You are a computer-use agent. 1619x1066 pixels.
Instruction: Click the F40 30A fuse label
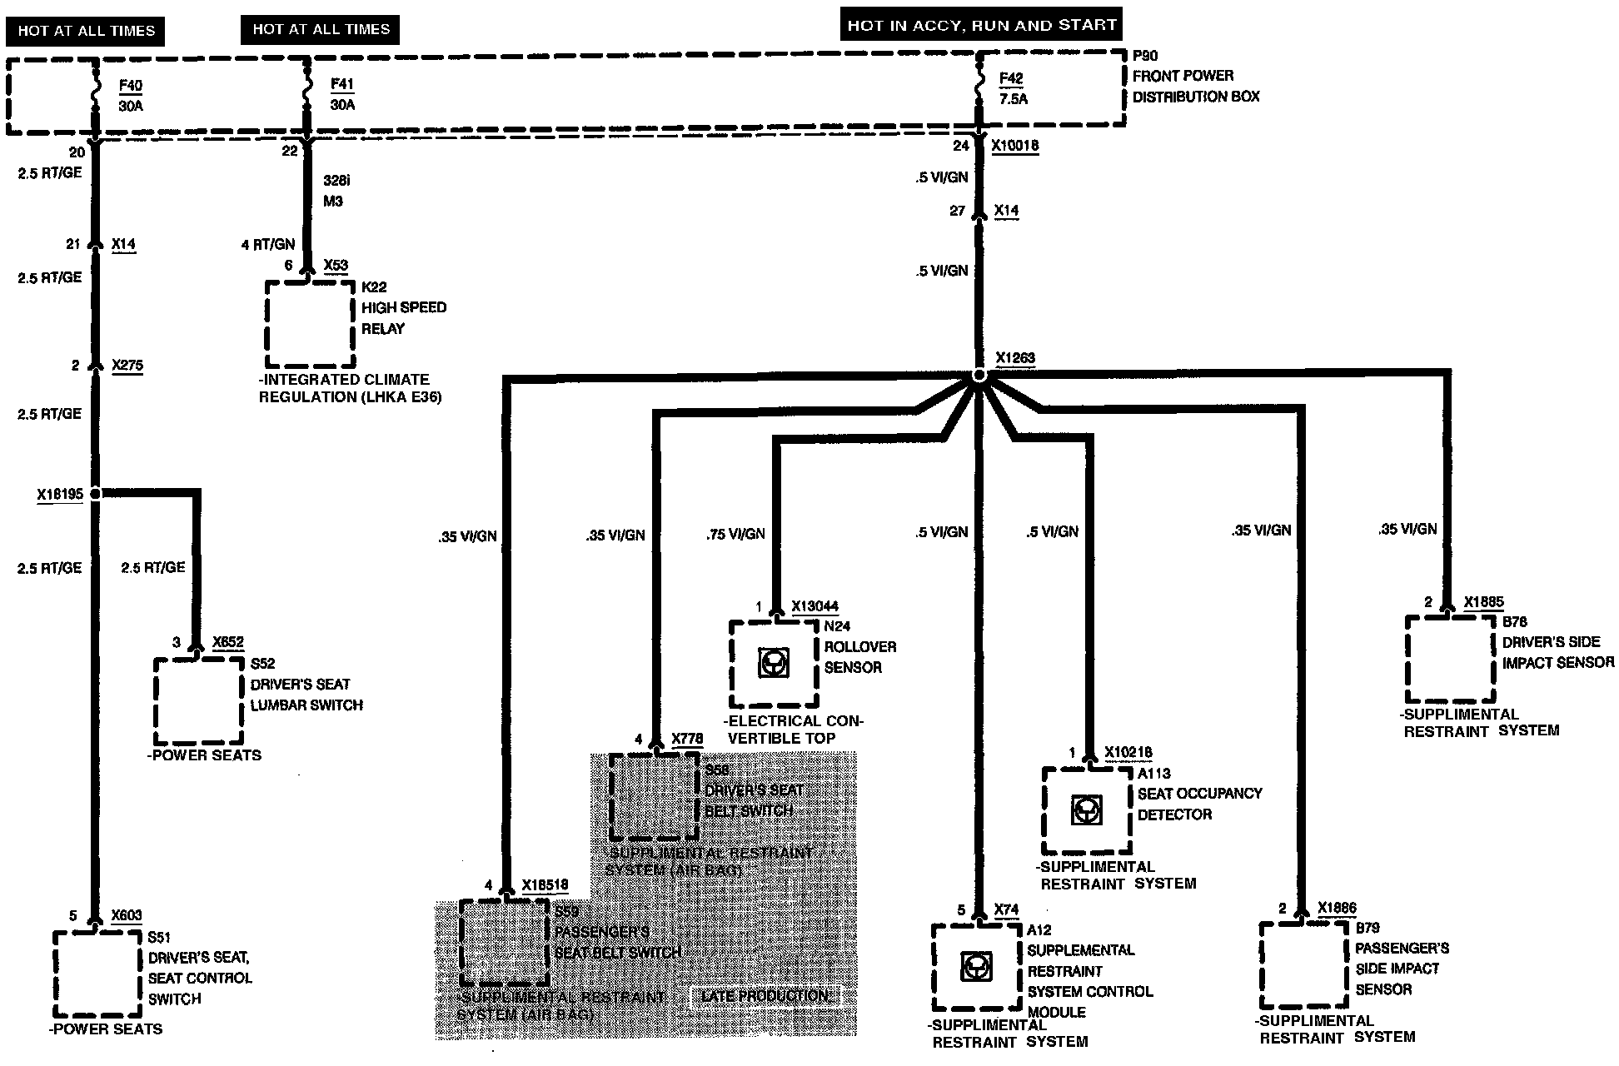pos(130,96)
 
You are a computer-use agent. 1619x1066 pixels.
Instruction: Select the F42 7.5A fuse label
pos(1013,88)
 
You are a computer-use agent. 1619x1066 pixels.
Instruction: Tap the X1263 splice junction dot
pos(979,376)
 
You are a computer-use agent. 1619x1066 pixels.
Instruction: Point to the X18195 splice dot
pos(95,494)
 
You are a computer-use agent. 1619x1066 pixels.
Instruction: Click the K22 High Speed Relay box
pos(310,324)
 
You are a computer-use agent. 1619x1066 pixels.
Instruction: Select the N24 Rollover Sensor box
pos(774,664)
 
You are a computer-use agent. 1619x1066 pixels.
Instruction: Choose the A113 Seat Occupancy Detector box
pos(1087,810)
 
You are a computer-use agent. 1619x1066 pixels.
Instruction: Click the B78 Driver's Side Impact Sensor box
pos(1450,659)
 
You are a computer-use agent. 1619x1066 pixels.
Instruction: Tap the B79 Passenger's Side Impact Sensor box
pos(1303,966)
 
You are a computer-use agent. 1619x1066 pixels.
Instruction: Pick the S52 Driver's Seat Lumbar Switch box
pos(199,701)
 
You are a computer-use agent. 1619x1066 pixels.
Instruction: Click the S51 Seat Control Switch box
pos(97,974)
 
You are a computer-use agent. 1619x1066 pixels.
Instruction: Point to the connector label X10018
pos(1014,146)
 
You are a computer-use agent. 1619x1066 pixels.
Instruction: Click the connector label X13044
pos(814,606)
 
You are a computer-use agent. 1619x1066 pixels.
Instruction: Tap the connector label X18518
pos(545,885)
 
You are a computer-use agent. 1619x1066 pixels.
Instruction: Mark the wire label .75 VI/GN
pos(735,534)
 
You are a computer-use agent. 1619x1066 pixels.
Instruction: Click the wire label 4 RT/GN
pos(267,244)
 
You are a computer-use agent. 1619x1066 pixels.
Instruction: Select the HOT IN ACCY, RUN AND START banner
pos(981,25)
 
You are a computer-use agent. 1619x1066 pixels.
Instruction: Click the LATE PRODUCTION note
pos(765,996)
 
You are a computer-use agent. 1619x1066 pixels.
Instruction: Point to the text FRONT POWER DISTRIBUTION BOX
pos(1195,86)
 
